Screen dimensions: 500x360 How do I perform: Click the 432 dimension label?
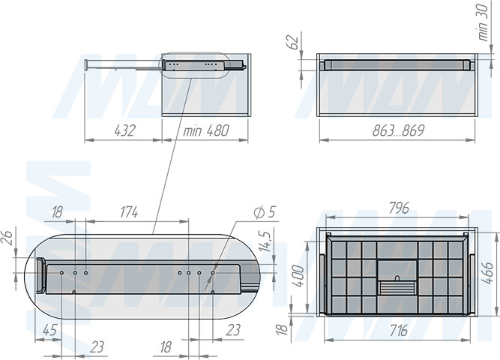pos(124,130)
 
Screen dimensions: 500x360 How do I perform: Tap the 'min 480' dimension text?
pos(206,130)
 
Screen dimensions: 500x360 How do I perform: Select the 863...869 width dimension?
pos(398,130)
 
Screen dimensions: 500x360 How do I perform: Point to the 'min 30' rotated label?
pos(484,22)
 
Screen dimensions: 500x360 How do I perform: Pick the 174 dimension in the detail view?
pos(129,212)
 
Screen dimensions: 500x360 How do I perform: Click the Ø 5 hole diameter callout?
pos(265,212)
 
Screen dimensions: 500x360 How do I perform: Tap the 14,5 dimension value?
pos(265,241)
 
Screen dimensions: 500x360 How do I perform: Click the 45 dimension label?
pos(49,330)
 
